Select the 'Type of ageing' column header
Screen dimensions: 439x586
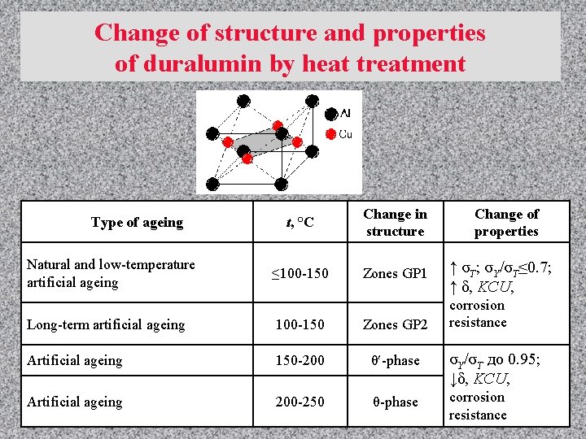[137, 222]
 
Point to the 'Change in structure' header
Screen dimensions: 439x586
[395, 223]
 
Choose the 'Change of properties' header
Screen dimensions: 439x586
[506, 223]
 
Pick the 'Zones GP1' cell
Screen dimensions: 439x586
[395, 274]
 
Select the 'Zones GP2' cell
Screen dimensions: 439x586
[395, 324]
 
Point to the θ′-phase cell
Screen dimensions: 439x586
[395, 361]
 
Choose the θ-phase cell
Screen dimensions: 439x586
[395, 402]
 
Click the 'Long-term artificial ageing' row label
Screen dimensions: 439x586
[106, 324]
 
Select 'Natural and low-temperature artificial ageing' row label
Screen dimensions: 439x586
[111, 273]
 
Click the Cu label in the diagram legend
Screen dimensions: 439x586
[346, 133]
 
